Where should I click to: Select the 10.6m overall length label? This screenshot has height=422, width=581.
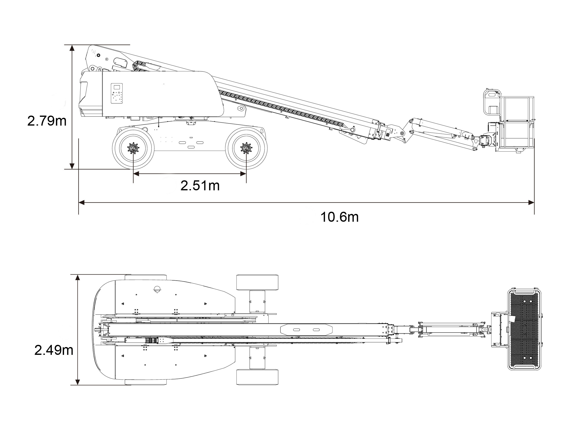point(339,217)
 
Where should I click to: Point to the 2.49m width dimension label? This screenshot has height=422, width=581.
point(54,350)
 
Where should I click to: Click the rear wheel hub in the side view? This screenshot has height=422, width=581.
point(133,148)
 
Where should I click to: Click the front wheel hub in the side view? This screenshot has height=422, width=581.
point(246,148)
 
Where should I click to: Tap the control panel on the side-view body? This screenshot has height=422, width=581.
point(117,93)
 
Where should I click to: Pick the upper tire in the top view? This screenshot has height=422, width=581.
point(257,283)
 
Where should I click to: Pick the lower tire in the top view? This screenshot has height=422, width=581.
point(257,377)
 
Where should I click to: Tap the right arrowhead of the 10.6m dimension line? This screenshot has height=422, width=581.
point(531,202)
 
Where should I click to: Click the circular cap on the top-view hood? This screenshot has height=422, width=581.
point(157,289)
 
